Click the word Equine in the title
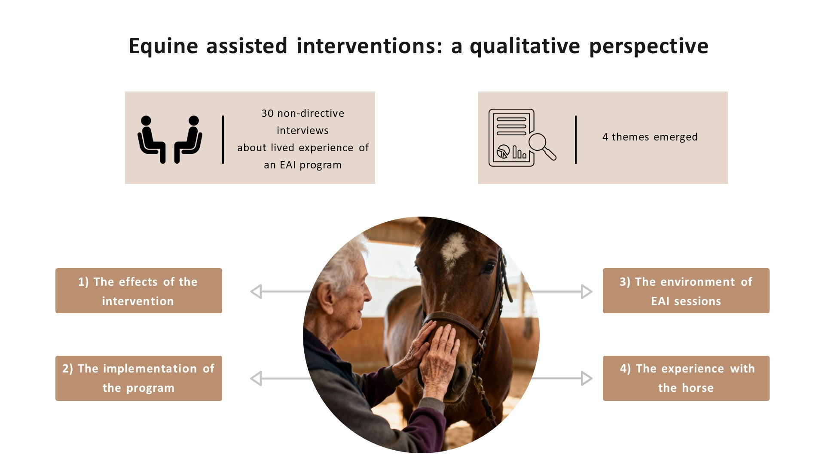click(163, 46)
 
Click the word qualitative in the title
click(525, 46)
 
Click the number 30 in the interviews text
click(267, 113)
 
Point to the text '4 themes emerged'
click(650, 137)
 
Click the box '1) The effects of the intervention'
click(138, 291)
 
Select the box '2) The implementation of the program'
click(138, 378)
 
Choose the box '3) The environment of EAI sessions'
click(686, 291)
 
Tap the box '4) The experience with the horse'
click(686, 378)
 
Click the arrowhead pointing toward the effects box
click(256, 291)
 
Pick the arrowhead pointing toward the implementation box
click(256, 379)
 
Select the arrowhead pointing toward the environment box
click(587, 291)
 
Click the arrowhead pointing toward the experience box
click(587, 379)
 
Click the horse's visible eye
click(489, 268)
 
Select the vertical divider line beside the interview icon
click(223, 139)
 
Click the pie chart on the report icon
click(503, 151)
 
